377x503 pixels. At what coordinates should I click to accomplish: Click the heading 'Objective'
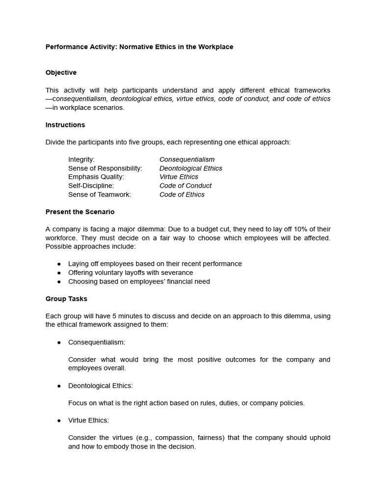[x=61, y=73]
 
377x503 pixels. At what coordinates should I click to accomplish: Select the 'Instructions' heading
[x=65, y=125]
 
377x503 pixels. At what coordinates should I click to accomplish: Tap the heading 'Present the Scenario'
[x=80, y=212]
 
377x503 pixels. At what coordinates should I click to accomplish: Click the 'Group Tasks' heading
[x=66, y=299]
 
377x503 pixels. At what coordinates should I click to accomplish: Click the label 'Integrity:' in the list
[x=81, y=160]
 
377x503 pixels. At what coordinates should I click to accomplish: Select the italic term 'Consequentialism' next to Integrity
[x=187, y=160]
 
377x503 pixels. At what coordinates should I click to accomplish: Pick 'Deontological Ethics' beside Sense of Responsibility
[x=191, y=168]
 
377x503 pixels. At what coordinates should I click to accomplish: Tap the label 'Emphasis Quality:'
[x=96, y=177]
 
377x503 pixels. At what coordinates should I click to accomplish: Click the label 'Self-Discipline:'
[x=91, y=186]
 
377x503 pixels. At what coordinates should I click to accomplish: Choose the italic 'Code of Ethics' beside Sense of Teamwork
[x=182, y=195]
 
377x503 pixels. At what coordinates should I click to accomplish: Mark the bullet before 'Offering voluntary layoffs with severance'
[x=59, y=273]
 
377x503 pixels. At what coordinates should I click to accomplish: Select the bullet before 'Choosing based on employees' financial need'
[x=59, y=281]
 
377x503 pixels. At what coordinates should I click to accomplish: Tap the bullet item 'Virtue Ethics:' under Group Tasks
[x=88, y=420]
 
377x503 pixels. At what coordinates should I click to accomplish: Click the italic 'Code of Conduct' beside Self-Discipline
[x=186, y=186]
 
